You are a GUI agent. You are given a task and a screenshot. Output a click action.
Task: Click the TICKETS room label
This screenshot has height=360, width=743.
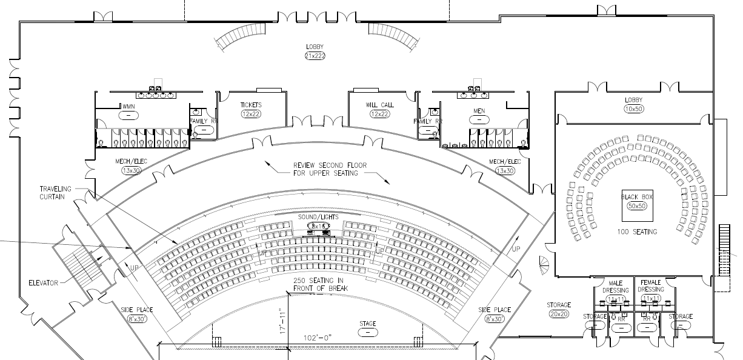pos(251,105)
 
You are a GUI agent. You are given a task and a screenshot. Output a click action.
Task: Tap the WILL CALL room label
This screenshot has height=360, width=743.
pos(380,105)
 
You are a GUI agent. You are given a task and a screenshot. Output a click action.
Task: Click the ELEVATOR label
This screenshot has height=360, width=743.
pos(42,282)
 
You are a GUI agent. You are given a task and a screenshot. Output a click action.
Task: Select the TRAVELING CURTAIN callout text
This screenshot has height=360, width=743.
pos(55,193)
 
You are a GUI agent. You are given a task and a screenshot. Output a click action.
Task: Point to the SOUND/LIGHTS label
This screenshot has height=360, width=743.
pos(318,217)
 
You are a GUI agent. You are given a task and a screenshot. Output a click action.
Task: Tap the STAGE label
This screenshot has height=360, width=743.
pos(368,323)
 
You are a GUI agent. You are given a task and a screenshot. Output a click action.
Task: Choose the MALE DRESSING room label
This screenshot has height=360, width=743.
pos(616,286)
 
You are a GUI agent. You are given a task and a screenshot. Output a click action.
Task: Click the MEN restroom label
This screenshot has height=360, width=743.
pos(479,111)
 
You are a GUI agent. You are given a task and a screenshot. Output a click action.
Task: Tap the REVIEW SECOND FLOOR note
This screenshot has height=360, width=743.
pos(325,169)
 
